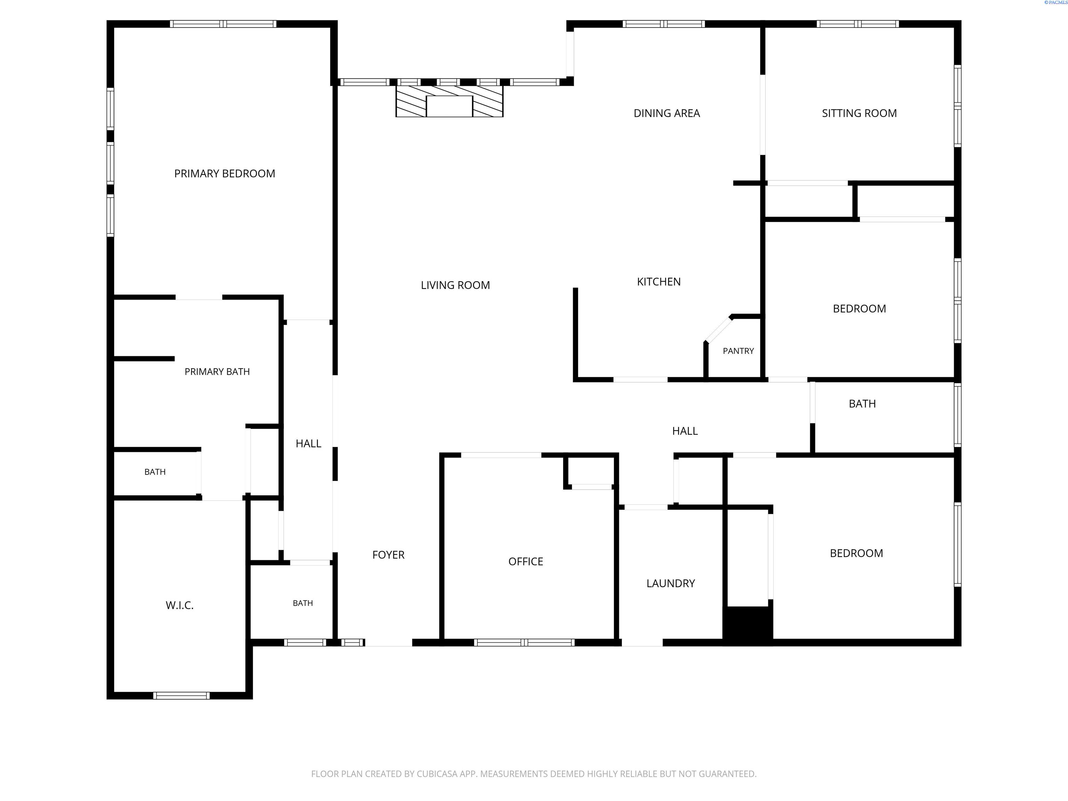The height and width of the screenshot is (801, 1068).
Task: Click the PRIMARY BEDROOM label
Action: click(225, 174)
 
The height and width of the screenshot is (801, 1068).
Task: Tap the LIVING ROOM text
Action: click(455, 285)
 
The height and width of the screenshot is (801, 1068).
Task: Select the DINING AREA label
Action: click(667, 113)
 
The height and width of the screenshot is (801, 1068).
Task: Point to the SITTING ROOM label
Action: click(859, 113)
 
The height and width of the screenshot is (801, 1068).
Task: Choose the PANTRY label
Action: click(738, 351)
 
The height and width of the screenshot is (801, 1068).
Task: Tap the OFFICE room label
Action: click(526, 561)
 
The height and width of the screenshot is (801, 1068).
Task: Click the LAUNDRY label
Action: click(671, 583)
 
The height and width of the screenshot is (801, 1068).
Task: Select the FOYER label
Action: click(388, 555)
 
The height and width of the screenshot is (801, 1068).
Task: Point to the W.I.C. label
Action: click(180, 606)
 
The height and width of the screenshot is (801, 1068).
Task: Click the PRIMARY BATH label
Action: click(217, 372)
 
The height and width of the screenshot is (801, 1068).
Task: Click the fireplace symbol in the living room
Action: click(450, 102)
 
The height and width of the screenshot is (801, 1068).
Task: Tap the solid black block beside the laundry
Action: click(748, 625)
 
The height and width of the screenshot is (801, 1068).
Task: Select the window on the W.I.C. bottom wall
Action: click(181, 696)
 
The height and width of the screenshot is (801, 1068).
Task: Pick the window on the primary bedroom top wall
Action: click(223, 24)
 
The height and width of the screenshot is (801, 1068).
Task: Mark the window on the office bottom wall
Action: click(524, 642)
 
